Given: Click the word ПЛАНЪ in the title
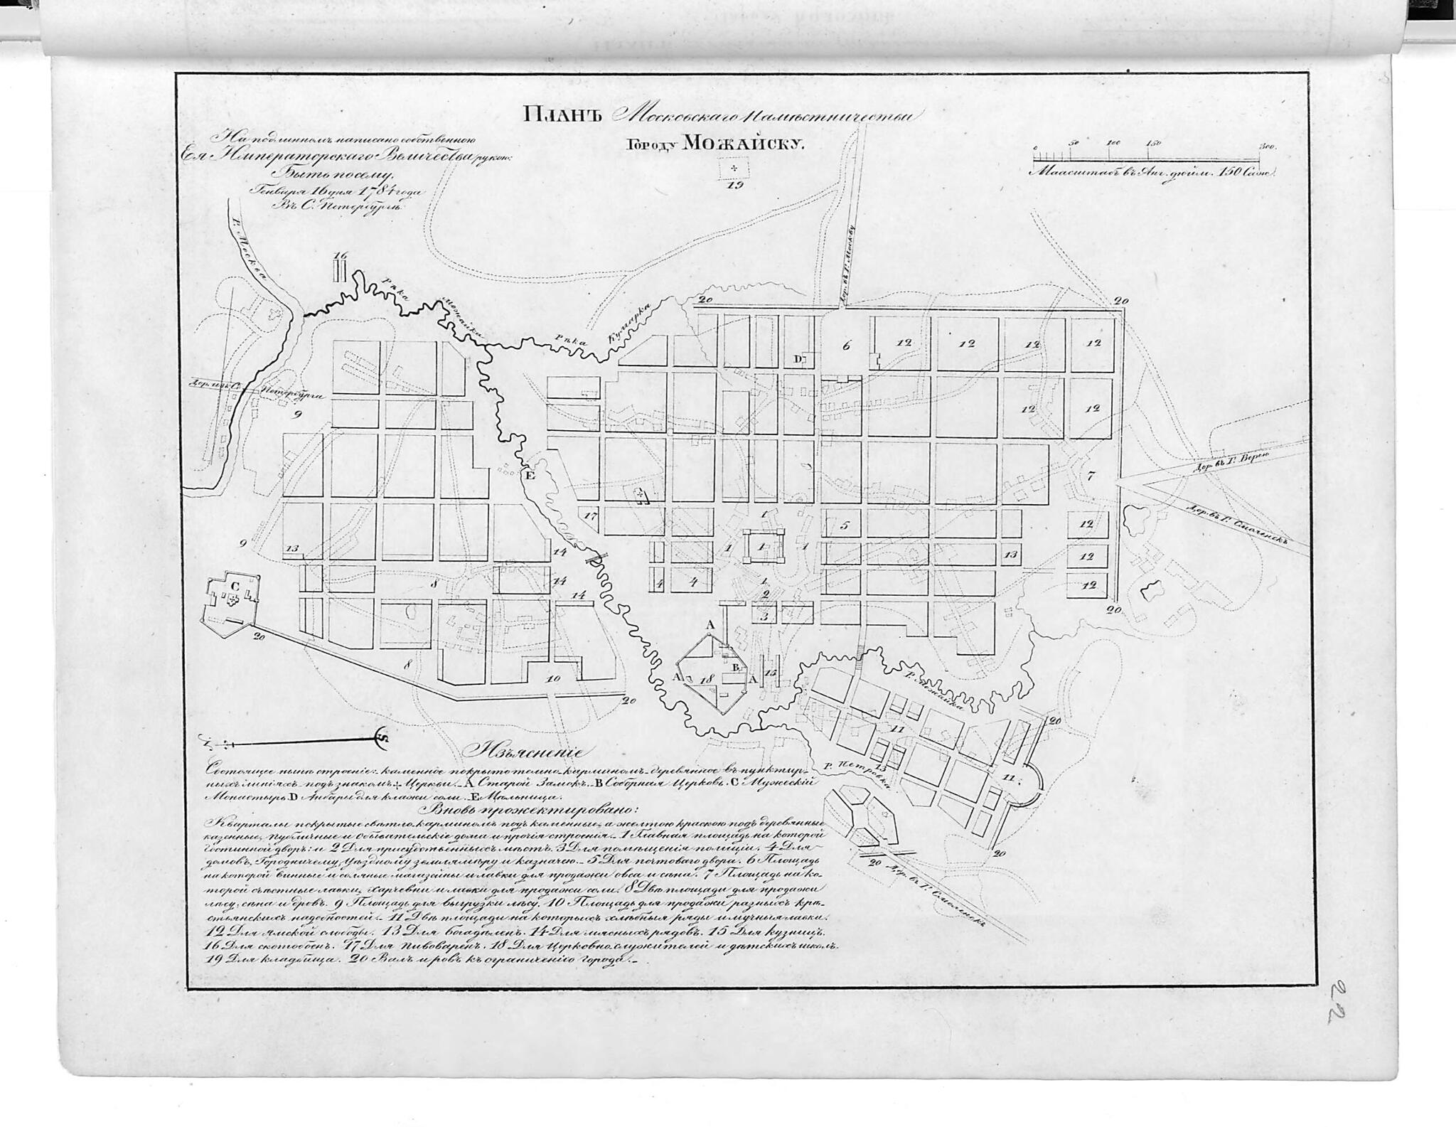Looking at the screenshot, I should (562, 114).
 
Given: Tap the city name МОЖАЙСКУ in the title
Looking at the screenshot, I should (742, 144).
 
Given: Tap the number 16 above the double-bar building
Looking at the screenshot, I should (341, 256).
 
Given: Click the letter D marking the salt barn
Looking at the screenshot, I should (798, 360).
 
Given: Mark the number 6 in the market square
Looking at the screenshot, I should (846, 346).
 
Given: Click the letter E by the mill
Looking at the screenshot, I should (529, 475).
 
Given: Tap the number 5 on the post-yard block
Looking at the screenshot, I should (845, 526).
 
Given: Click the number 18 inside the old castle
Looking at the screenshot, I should (705, 680).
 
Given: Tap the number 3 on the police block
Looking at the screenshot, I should (765, 616).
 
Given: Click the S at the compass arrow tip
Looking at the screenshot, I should (380, 737).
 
